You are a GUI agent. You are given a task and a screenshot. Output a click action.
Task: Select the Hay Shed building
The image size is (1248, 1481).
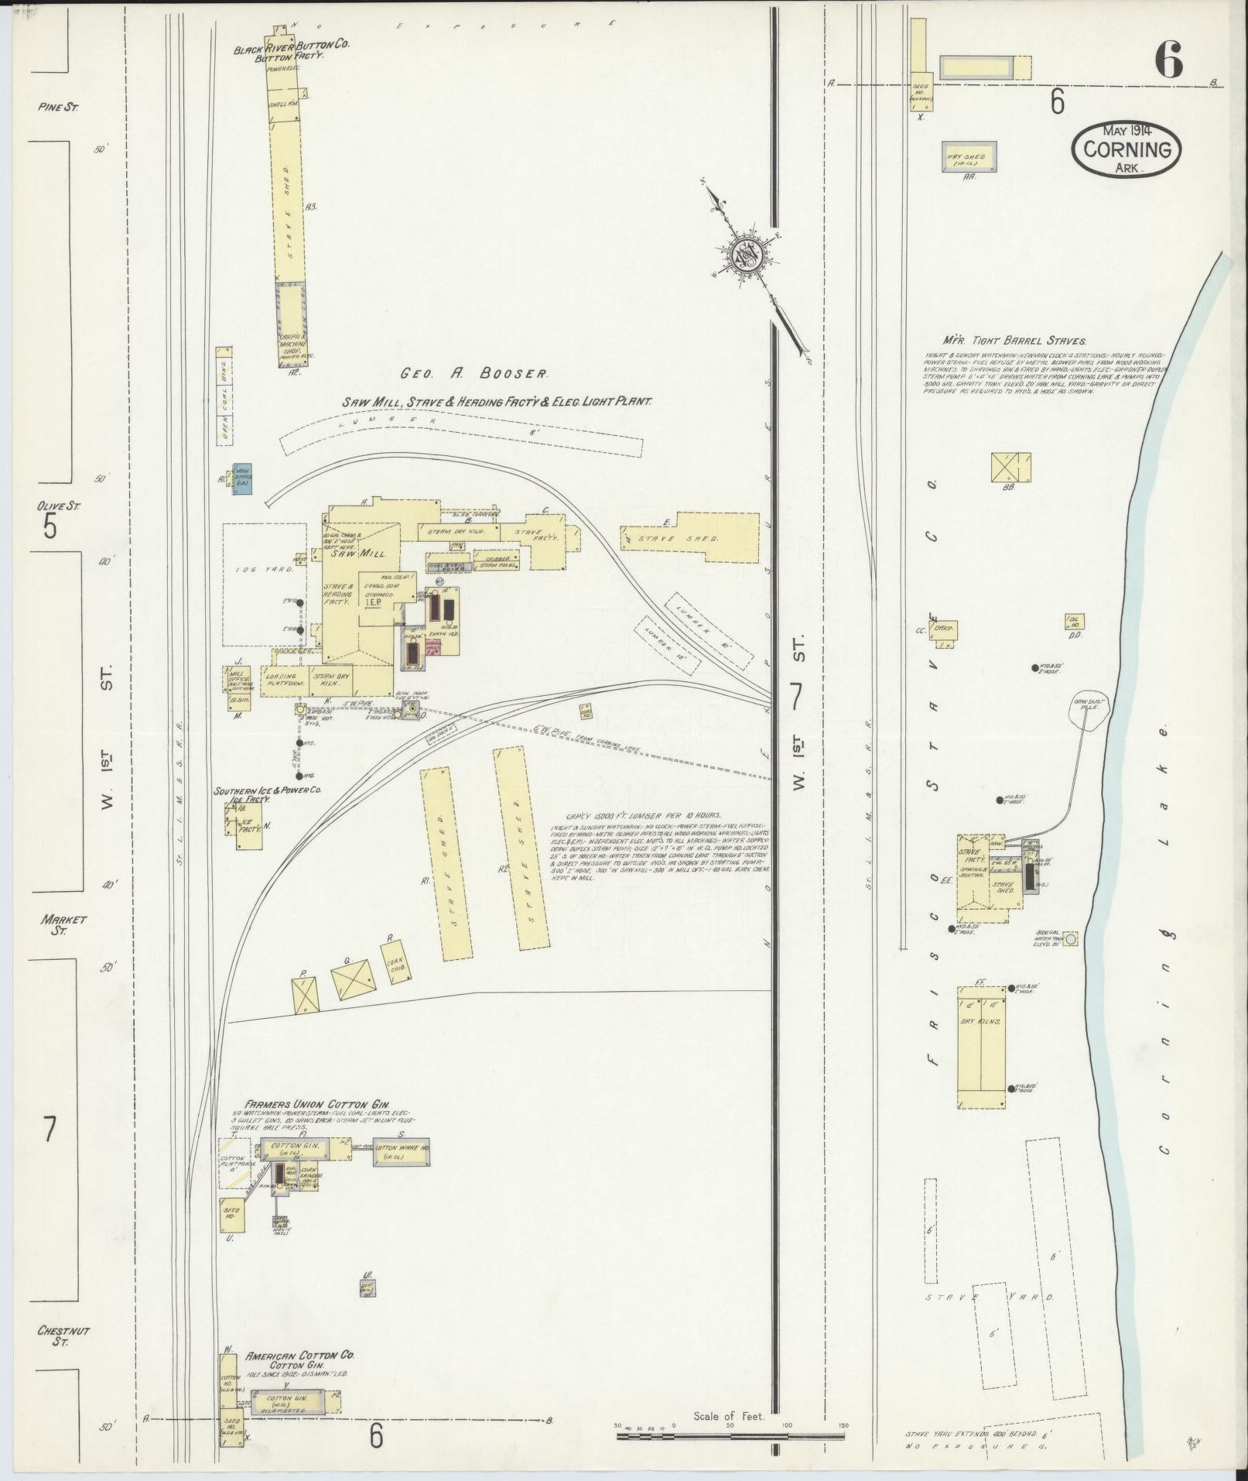coord(969,157)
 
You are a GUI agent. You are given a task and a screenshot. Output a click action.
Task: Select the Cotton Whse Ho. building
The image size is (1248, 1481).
coord(401,1154)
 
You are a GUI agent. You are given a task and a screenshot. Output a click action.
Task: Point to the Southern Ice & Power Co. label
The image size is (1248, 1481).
coord(268,791)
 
